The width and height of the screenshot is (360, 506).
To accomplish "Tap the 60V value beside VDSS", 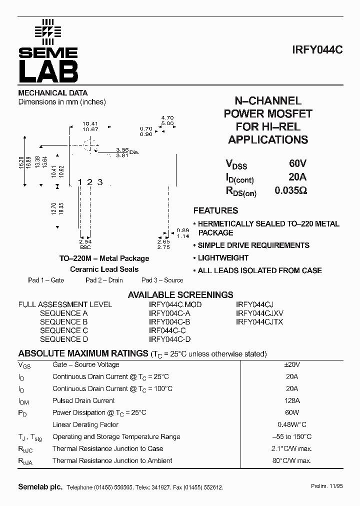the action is (297, 163).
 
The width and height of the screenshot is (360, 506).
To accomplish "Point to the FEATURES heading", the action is (215, 210).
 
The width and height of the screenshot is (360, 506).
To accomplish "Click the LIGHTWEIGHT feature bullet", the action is (223, 258).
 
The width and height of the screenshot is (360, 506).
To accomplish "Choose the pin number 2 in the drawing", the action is (89, 182).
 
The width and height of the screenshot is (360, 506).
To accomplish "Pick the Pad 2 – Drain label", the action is (104, 280).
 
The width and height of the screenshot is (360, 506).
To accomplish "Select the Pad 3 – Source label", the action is (162, 280).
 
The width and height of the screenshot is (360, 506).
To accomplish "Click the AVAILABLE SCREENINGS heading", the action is (180, 295).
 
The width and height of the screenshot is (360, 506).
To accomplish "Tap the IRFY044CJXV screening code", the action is (259, 313).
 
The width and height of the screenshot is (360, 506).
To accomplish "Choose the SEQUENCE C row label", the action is (64, 330).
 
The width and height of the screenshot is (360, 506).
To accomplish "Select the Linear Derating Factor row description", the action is (85, 424).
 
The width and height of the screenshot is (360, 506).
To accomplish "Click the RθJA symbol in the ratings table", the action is (25, 461).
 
